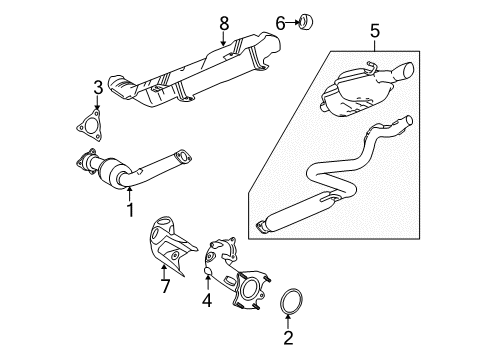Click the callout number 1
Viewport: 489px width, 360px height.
click(x=129, y=210)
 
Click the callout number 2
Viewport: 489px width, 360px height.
click(x=288, y=338)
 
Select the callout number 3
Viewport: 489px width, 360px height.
click(x=97, y=89)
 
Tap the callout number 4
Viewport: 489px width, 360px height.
click(x=205, y=299)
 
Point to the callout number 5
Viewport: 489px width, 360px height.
click(x=375, y=31)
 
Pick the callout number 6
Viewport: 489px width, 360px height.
click(x=251, y=20)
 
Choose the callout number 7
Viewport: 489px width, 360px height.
click(x=167, y=286)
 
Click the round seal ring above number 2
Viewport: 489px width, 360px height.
click(x=288, y=301)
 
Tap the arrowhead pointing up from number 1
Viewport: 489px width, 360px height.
click(x=129, y=191)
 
